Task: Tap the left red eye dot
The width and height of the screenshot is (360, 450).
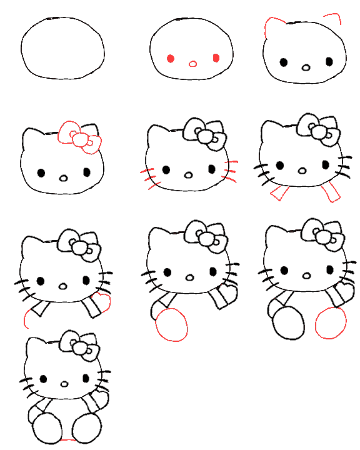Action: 170,59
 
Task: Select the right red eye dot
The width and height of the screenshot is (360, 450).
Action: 216,58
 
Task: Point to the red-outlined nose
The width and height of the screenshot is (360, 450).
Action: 192,63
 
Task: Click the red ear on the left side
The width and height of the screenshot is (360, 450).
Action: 271,27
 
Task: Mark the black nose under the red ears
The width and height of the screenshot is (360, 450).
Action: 306,67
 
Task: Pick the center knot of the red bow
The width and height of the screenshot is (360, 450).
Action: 79,139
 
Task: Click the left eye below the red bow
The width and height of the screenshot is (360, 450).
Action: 41,172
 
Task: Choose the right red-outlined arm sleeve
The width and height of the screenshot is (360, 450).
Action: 330,191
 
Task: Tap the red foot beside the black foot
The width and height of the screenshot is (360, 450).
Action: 331,322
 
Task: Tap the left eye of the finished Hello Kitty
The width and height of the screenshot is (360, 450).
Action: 44,379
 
